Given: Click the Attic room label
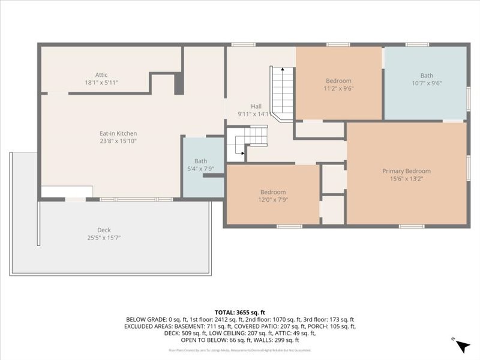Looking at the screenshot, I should click(101, 75).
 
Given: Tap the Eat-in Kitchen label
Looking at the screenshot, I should click(118, 133).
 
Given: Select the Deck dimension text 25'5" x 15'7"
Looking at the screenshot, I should click(104, 238).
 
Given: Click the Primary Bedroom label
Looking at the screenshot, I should click(406, 171).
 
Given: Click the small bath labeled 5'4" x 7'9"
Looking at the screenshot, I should click(200, 165).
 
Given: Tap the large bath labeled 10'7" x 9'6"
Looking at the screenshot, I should click(426, 80).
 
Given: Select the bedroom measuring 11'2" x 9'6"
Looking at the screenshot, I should click(338, 85).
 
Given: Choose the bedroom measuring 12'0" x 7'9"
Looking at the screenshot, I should click(272, 196).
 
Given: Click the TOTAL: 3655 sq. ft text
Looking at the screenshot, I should click(240, 313).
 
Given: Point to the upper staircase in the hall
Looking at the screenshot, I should click(283, 93).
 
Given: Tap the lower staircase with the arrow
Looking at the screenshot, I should click(247, 145).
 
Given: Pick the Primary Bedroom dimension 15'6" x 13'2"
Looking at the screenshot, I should click(406, 178).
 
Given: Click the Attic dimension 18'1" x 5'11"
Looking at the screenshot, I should click(101, 82).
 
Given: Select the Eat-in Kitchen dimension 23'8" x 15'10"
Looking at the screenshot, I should click(118, 141).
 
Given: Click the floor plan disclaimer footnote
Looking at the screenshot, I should click(240, 350).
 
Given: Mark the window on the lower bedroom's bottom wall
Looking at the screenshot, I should click(289, 226).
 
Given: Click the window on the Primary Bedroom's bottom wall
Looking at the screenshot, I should click(412, 226).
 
